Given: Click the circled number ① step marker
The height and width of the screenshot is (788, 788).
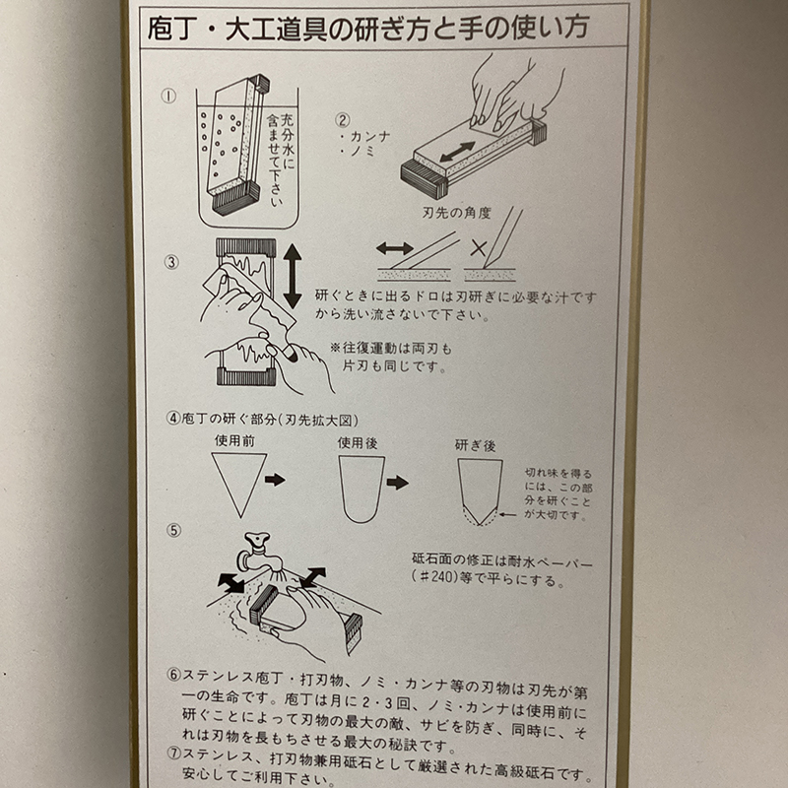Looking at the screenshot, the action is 168,96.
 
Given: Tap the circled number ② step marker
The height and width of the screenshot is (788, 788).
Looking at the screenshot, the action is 342,120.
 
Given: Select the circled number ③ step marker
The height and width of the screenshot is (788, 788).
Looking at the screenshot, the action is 171,262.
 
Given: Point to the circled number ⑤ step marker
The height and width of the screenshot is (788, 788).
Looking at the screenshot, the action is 173,530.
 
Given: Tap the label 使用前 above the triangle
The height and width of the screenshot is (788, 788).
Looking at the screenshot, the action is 234,440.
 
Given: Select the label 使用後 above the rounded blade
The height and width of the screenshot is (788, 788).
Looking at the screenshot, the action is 358,442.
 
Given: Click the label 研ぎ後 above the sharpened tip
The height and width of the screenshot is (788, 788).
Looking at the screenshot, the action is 475,445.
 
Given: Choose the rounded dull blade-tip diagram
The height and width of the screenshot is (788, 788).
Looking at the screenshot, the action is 361,489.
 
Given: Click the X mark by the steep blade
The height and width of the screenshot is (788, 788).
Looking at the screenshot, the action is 479,248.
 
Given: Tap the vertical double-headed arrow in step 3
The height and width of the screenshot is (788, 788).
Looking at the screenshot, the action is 292,276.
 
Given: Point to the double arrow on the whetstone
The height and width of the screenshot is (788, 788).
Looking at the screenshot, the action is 457,152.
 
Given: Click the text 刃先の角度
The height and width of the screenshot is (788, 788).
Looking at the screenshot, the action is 456,213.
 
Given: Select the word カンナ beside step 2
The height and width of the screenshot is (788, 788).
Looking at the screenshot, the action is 370,136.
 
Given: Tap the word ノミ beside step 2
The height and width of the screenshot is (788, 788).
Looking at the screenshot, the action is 362,151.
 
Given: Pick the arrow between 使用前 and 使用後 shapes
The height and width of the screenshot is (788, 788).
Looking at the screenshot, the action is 275,480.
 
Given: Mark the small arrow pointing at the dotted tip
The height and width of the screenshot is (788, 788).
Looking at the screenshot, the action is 508,514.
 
